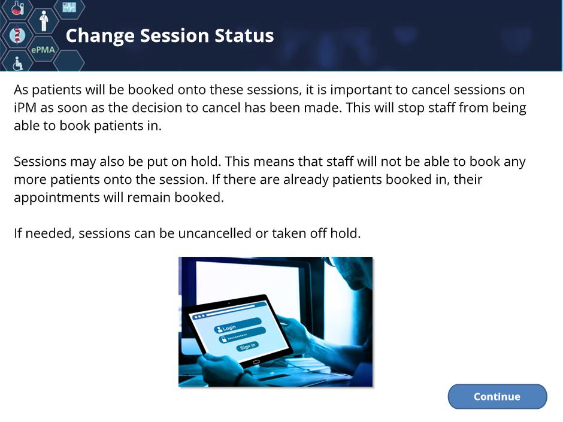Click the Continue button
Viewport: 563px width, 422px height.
pos(497,396)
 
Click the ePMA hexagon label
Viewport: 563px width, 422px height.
pos(43,50)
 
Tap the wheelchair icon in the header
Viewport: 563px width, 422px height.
pos(17,63)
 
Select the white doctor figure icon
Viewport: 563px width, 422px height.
pos(44,20)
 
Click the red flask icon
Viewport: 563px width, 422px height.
pos(17,8)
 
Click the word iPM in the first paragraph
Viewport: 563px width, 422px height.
pos(25,108)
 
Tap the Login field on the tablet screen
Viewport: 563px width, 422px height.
pos(238,325)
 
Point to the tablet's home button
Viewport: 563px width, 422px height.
pos(256,362)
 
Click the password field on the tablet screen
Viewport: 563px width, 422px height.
pos(242,335)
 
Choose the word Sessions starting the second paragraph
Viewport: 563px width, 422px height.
pos(40,162)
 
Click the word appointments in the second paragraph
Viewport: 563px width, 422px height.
pos(57,198)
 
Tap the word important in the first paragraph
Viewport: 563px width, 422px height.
pos(361,90)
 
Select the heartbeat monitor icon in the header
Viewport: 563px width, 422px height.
pos(69,7)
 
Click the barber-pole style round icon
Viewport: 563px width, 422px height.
pos(17,35)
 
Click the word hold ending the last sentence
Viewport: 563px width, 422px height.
pos(346,233)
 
